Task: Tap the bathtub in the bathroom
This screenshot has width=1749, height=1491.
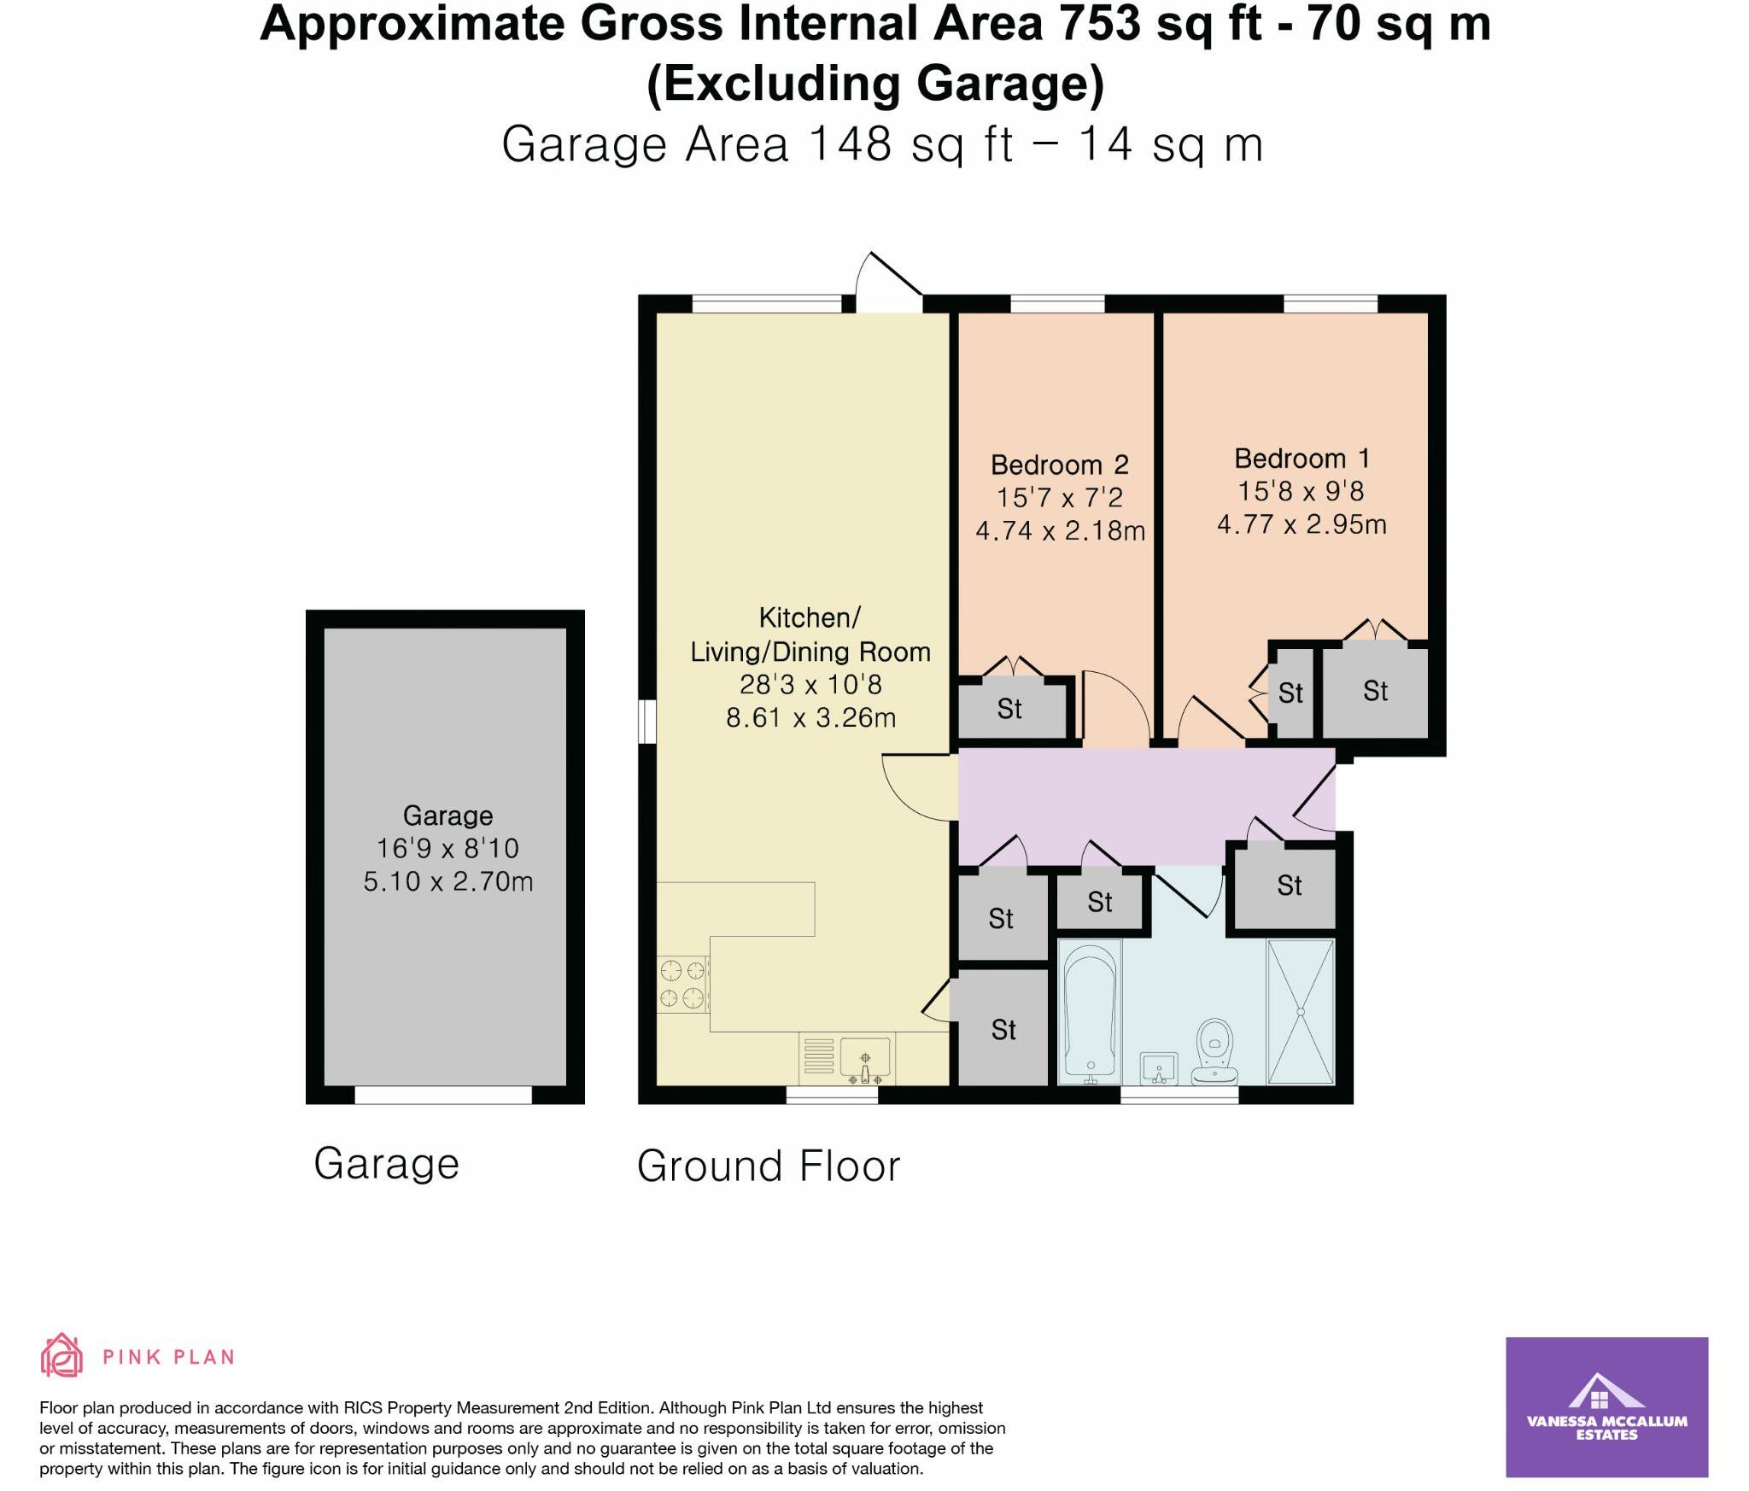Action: coord(1089,1008)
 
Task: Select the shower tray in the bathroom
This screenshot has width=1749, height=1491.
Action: coord(1301,1011)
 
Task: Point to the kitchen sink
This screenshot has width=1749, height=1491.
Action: coord(865,1058)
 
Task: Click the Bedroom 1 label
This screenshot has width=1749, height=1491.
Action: coord(1302,459)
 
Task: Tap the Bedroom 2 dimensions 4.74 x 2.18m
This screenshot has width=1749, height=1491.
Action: coord(1060,530)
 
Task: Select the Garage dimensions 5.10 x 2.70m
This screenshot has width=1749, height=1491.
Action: coord(447,880)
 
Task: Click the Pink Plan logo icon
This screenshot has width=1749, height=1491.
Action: coord(62,1357)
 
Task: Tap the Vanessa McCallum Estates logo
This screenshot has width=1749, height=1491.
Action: coord(1606,1406)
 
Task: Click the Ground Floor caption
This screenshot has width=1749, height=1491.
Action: coord(769,1166)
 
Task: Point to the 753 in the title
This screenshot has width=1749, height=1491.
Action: coord(1100,23)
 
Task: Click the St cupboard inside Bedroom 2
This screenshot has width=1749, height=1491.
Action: coord(1010,709)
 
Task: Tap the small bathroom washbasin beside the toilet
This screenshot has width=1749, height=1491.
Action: coord(1160,1067)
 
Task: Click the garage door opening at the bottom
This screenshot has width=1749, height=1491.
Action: coord(443,1095)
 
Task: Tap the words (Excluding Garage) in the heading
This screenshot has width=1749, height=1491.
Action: coord(875,84)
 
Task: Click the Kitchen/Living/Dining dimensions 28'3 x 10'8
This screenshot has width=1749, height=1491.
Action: coord(810,684)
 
